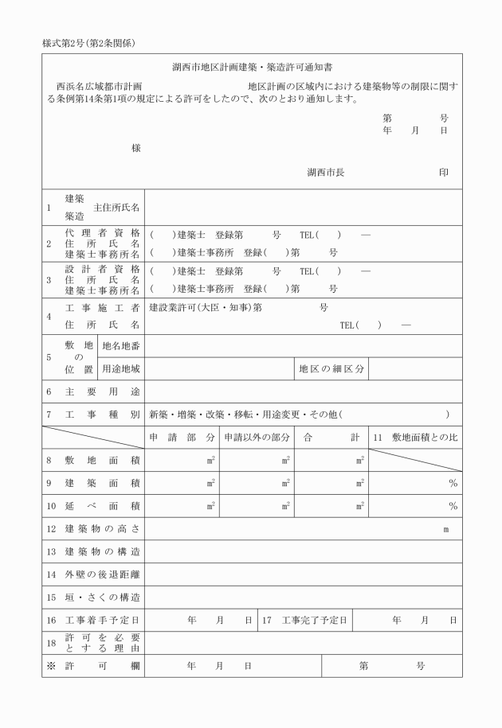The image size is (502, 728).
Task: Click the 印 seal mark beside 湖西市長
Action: tap(444, 173)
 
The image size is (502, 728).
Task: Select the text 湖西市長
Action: tap(325, 173)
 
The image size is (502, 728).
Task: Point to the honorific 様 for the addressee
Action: tap(137, 148)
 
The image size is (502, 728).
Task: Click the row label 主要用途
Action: tap(101, 391)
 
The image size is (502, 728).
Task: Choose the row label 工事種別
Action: tap(101, 415)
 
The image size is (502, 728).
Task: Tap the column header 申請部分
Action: tap(182, 437)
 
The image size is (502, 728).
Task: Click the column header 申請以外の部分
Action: tap(257, 437)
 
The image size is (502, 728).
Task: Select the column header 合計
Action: tap(331, 437)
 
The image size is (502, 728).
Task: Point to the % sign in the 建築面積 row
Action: tap(453, 483)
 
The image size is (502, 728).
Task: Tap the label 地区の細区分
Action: tap(331, 368)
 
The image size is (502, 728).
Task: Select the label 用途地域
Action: tap(121, 368)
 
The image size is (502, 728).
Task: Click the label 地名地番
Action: tap(121, 346)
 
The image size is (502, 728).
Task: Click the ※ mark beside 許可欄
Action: tap(49, 665)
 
